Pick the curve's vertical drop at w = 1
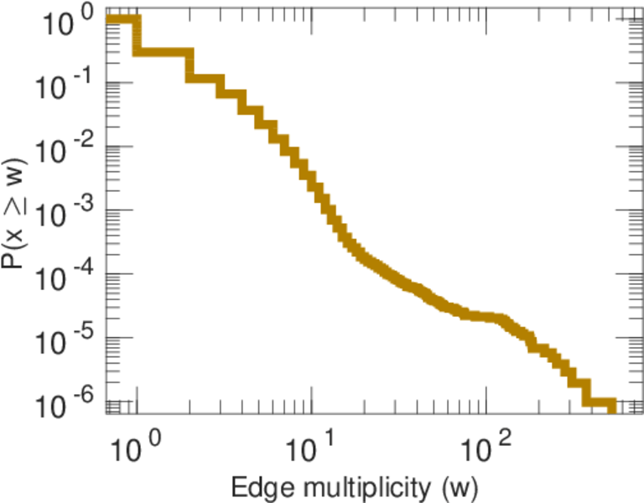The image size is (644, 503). tap(138, 36)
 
